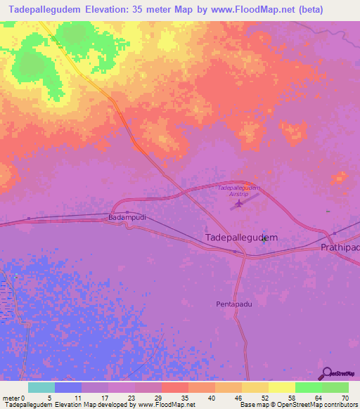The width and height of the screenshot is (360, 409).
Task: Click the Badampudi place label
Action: coord(127,219)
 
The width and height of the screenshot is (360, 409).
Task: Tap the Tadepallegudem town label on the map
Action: coord(240,238)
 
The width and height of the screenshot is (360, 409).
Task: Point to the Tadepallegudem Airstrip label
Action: coord(239,190)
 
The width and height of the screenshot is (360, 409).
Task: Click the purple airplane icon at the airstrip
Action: coord(239,204)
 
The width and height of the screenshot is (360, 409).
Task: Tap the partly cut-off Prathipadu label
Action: coord(340,248)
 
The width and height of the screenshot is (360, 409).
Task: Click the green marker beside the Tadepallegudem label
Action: coord(264,239)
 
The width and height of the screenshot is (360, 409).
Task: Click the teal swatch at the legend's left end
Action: coord(41,387)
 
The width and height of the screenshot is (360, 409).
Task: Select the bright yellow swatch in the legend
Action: coord(281,387)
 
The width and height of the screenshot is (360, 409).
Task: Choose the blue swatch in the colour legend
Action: coord(67,387)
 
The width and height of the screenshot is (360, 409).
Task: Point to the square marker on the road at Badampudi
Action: coord(127,212)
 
